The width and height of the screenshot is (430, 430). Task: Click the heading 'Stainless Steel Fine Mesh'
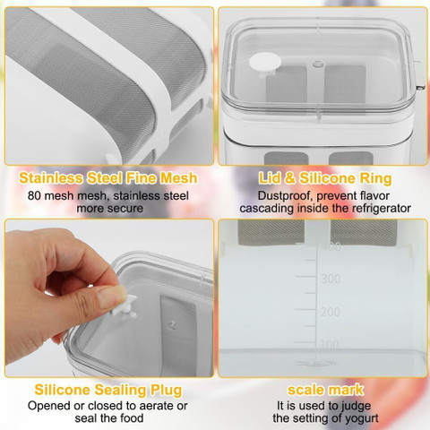tap(108, 178)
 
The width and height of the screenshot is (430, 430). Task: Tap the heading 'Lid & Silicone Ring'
tap(325, 178)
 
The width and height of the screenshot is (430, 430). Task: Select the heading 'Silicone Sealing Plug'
tap(108, 390)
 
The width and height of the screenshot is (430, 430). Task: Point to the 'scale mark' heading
tap(325, 390)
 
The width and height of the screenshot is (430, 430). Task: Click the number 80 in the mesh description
tap(34, 196)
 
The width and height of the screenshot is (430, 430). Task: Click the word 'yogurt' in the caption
tap(361, 418)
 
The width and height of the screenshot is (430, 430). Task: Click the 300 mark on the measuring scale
tap(331, 279)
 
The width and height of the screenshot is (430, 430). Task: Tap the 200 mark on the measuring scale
tap(331, 312)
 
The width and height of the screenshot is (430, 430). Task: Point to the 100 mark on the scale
tap(330, 344)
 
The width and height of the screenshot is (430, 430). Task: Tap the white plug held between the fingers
tap(125, 307)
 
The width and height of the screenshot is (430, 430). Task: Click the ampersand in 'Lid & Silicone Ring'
tap(289, 178)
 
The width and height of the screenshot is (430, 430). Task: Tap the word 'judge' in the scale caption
tap(356, 407)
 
